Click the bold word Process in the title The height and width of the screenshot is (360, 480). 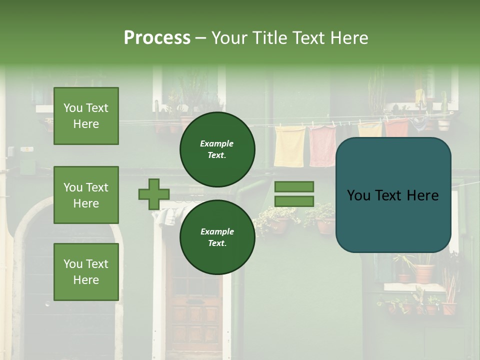pyautogui.click(x=157, y=38)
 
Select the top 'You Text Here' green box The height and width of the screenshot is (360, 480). pyautogui.click(x=86, y=116)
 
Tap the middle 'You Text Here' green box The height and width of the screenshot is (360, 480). pyautogui.click(x=86, y=195)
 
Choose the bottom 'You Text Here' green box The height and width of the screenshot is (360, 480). pyautogui.click(x=86, y=272)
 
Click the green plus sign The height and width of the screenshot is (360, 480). pyautogui.click(x=154, y=194)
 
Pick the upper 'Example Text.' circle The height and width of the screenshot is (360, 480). pyautogui.click(x=217, y=149)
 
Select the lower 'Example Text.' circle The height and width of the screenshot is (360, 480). pyautogui.click(x=217, y=237)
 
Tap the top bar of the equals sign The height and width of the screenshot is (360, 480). pyautogui.click(x=294, y=186)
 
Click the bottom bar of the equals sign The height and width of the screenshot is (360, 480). pyautogui.click(x=294, y=201)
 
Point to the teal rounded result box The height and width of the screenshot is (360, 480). pyautogui.click(x=393, y=195)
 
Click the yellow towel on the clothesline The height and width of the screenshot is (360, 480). pyautogui.click(x=289, y=146)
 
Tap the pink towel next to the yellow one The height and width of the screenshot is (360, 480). pyautogui.click(x=322, y=146)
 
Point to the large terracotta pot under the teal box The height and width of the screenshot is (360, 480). pyautogui.click(x=424, y=273)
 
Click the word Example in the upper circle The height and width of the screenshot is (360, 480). pyautogui.click(x=217, y=143)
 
